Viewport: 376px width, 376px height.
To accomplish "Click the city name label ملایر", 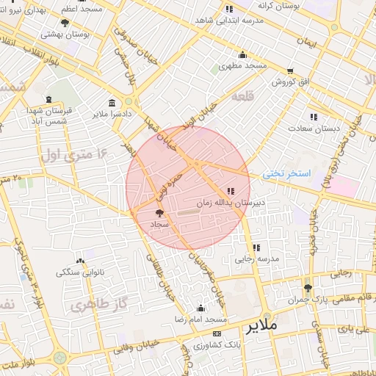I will [x=261, y=324].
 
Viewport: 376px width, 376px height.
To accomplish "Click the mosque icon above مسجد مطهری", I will [x=242, y=55].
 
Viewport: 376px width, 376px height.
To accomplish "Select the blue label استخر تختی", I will [x=287, y=174].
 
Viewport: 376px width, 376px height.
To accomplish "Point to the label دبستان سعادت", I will [x=317, y=128].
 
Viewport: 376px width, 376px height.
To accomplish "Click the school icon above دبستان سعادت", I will [x=314, y=117].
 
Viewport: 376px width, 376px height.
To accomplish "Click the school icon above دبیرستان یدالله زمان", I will [x=232, y=191].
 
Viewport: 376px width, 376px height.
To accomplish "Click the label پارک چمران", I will [x=307, y=300].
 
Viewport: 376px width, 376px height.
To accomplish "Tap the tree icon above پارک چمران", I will [x=307, y=288].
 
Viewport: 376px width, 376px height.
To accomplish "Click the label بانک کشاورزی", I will [x=216, y=344].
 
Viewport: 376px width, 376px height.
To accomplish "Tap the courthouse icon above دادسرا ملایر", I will [x=111, y=103].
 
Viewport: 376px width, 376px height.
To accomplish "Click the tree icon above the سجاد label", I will [x=160, y=211].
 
